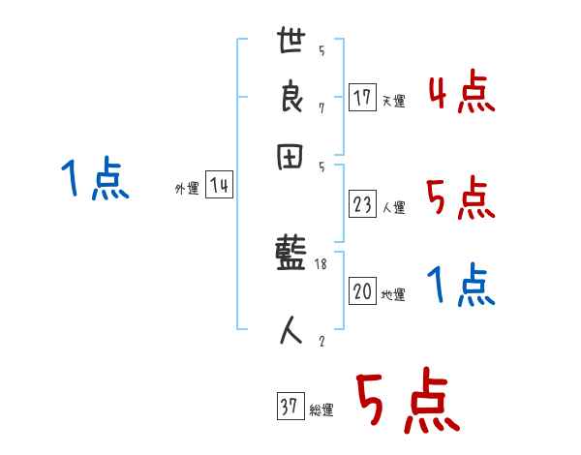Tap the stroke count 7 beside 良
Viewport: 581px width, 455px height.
pos(321,107)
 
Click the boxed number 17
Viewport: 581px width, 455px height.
pos(362,98)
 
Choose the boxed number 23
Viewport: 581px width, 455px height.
pos(362,204)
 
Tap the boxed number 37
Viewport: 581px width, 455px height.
pos(289,408)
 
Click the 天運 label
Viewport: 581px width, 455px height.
pos(393,101)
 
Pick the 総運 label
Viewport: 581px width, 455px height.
pos(321,410)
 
